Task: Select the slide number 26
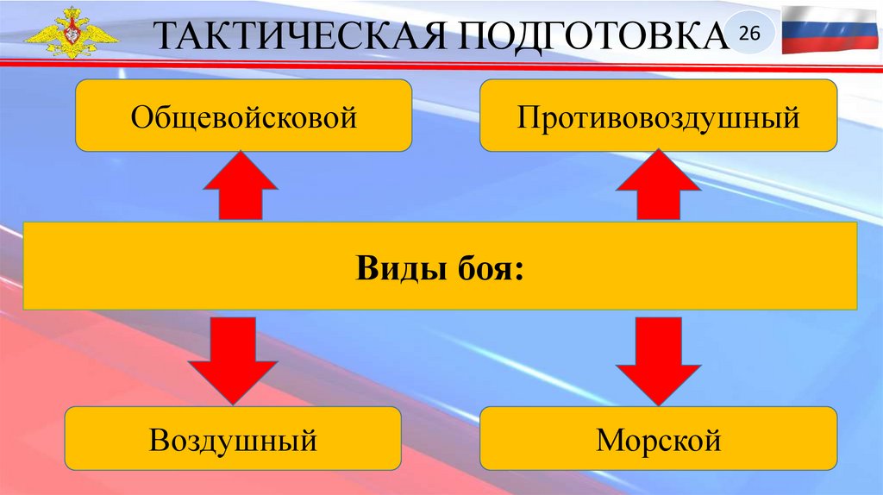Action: (x=748, y=34)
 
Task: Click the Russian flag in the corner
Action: (x=825, y=28)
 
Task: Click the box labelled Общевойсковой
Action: (x=244, y=116)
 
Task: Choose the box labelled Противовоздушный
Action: (x=659, y=116)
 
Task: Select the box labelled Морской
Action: (x=659, y=441)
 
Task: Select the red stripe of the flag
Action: (x=825, y=44)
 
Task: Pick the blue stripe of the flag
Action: (x=825, y=28)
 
